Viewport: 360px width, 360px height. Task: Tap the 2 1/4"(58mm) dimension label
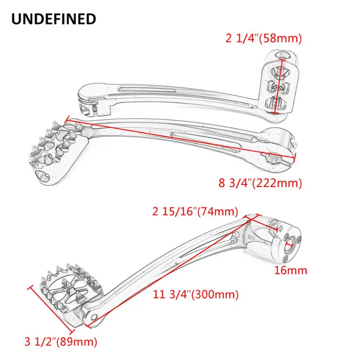[264, 39]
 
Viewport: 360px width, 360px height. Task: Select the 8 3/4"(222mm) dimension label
[260, 183]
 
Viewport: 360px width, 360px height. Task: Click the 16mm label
[291, 270]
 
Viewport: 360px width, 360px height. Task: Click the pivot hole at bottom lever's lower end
[94, 317]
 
